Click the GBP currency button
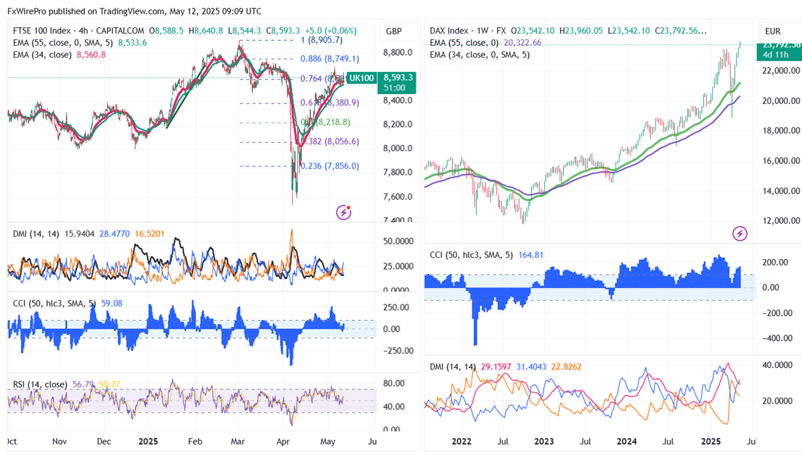click(393, 31)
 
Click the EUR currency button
click(773, 31)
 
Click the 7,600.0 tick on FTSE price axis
click(398, 196)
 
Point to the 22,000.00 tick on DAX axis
click(778, 71)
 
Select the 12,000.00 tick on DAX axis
click(778, 220)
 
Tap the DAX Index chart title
click(449, 31)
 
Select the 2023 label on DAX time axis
click(545, 441)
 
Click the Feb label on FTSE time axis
click(194, 441)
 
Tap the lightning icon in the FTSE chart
click(345, 212)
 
